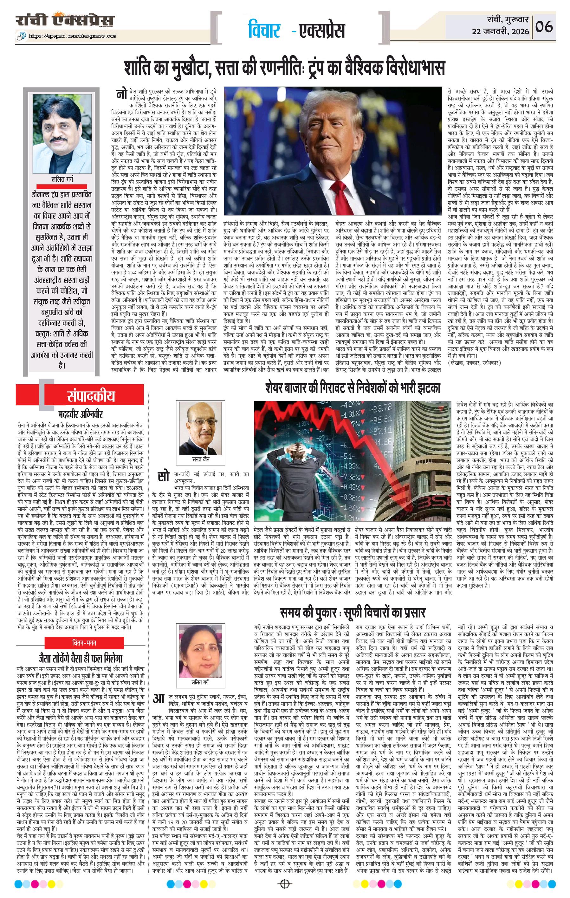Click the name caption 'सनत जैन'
click(x=201, y=459)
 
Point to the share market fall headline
click(x=353, y=388)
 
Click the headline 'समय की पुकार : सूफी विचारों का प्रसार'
click(x=352, y=612)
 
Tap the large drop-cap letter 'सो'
click(x=163, y=477)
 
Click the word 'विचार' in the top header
click(x=264, y=30)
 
